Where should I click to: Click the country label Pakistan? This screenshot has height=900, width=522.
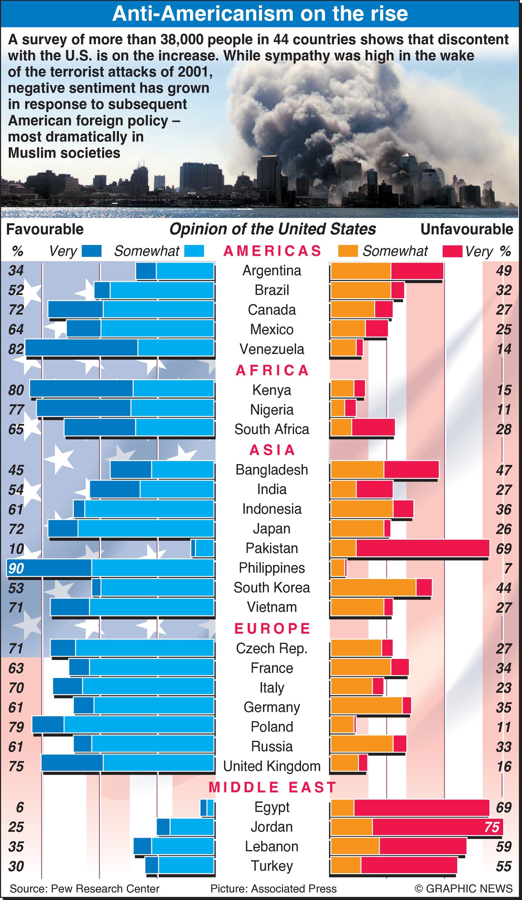(271, 548)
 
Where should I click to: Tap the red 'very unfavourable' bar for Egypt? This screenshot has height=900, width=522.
(422, 807)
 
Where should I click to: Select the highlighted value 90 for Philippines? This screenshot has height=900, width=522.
(16, 568)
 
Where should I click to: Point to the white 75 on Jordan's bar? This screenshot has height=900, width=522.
(492, 827)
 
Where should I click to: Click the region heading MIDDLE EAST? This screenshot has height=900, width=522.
(272, 787)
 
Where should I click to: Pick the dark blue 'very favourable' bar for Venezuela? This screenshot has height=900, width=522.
(82, 348)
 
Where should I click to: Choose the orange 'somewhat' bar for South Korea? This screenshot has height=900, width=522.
(373, 587)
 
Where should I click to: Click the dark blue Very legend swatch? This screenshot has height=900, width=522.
(91, 251)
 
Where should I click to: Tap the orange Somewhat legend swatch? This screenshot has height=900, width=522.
(348, 251)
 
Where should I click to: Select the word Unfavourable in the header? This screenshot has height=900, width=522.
(467, 229)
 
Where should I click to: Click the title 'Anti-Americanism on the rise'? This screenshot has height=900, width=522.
(260, 14)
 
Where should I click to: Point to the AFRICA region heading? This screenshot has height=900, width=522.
(272, 370)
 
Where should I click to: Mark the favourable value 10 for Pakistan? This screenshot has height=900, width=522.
(16, 549)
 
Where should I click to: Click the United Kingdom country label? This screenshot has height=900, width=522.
(271, 766)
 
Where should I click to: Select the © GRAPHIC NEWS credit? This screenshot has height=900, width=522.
(463, 888)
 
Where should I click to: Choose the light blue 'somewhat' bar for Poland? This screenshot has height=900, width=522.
(139, 727)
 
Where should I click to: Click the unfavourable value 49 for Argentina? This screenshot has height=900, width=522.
(504, 270)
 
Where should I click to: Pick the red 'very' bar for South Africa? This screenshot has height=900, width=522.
(373, 427)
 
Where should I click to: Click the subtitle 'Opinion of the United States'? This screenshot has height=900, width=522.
(272, 229)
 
